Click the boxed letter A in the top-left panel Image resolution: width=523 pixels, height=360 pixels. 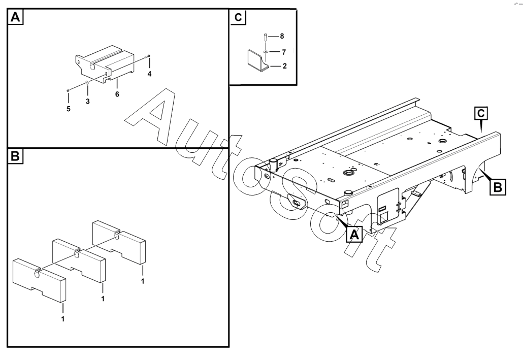tap(16, 17)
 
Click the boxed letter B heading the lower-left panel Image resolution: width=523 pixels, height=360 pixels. tap(15, 156)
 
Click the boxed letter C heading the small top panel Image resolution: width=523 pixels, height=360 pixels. tap(238, 17)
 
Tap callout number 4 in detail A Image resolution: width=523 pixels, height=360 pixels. tap(149, 74)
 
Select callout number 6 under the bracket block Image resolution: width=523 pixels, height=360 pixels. tap(117, 94)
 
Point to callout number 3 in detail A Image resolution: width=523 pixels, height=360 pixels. tap(88, 102)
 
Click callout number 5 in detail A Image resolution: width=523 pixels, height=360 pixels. tap(69, 109)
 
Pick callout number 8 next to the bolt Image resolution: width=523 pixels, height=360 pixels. tap(282, 36)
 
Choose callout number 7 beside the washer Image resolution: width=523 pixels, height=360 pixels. tap(284, 52)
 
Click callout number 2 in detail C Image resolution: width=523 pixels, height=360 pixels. tap(284, 66)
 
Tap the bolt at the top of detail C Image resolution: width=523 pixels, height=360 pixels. tap(265, 37)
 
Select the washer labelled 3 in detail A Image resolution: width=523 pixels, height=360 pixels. tap(87, 82)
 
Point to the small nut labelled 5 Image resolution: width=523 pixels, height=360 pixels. tap(68, 90)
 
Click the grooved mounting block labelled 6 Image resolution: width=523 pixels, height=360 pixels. tap(105, 66)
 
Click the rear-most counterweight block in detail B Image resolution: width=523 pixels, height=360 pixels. tap(119, 242)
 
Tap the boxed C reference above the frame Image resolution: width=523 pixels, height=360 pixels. tap(481, 113)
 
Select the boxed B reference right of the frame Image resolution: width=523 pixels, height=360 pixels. tap(497, 187)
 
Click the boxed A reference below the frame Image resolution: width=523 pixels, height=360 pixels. tap(354, 234)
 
